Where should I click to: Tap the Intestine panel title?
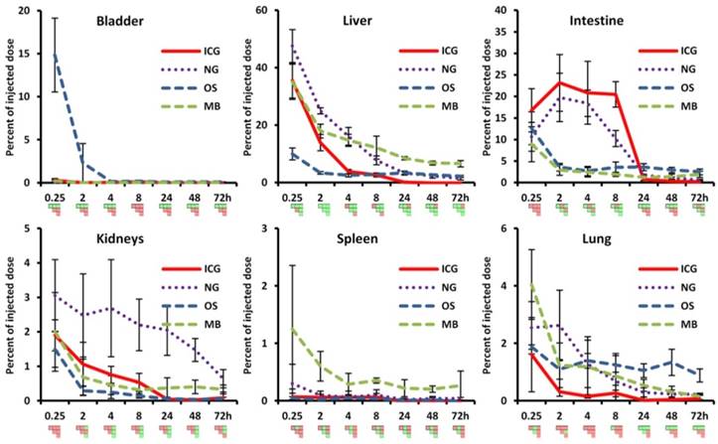pyautogui.click(x=592, y=21)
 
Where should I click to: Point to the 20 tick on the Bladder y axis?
pyautogui.click(x=39, y=11)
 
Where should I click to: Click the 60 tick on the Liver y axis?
pyautogui.click(x=282, y=11)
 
